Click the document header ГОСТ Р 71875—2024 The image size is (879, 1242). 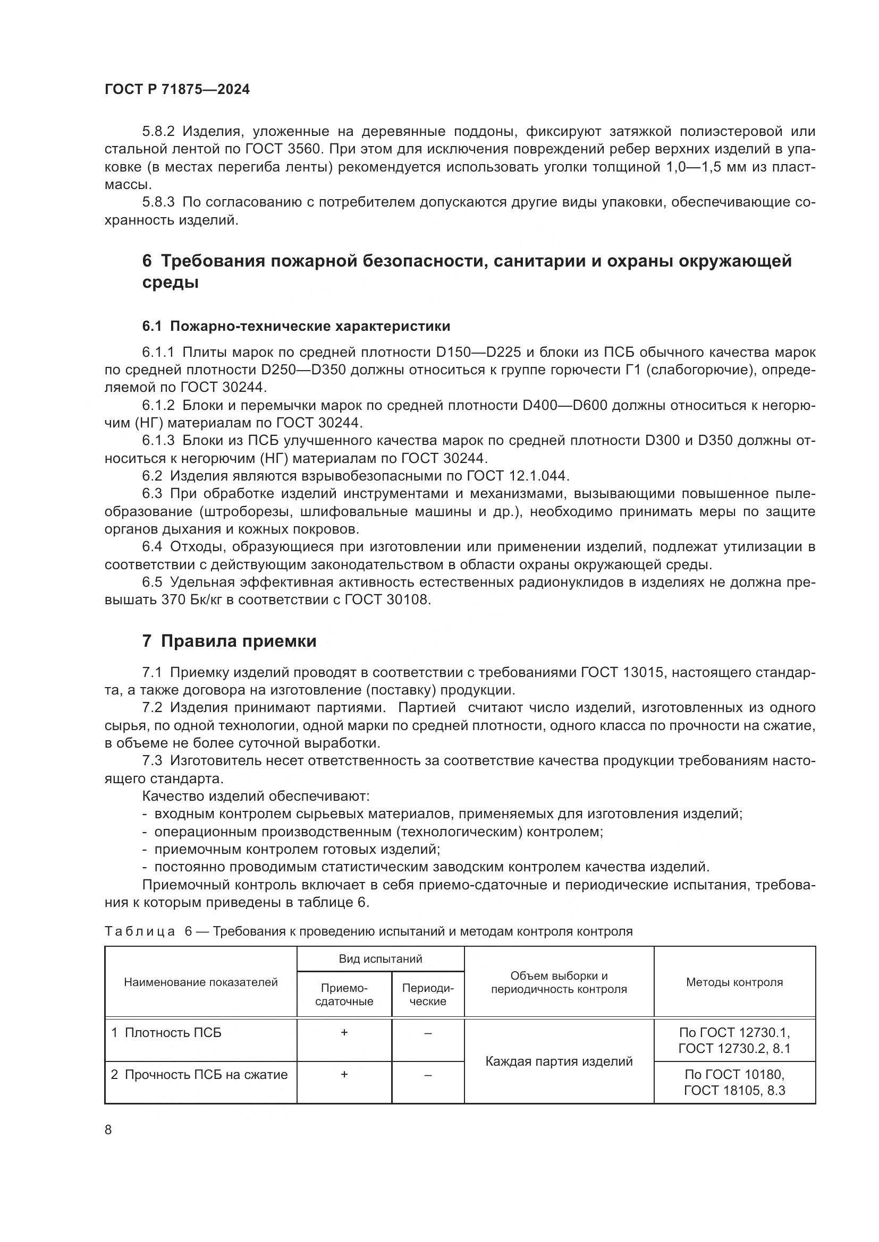click(x=177, y=90)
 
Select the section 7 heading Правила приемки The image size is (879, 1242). click(x=229, y=641)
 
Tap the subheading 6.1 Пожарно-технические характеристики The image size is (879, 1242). click(x=295, y=326)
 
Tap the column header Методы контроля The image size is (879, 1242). click(x=734, y=982)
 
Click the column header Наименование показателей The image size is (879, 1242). click(x=200, y=982)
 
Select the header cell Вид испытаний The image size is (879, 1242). click(x=380, y=958)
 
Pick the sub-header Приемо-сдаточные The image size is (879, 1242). click(x=344, y=994)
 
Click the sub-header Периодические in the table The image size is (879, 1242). click(x=428, y=994)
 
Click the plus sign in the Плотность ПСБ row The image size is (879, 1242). click(x=344, y=1033)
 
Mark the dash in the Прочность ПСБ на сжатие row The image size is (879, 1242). click(x=428, y=1075)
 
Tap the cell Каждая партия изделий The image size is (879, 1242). click(x=559, y=1061)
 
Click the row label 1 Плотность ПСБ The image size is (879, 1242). click(x=167, y=1033)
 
